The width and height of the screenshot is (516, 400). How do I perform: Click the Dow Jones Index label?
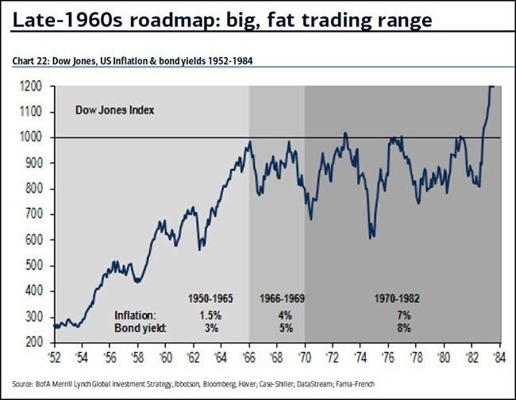(x=114, y=110)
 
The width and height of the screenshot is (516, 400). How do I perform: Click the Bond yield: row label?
(x=138, y=328)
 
